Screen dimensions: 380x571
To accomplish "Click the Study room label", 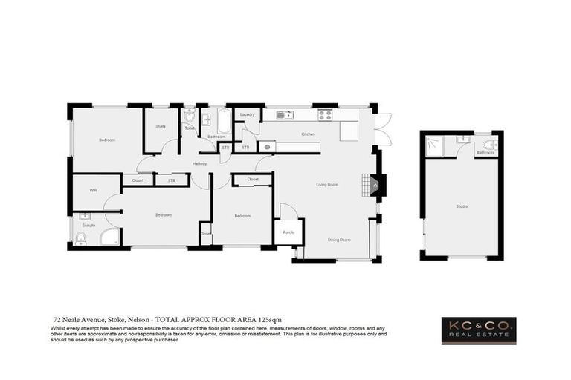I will (x=161, y=126).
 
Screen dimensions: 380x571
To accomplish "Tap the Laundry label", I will (x=248, y=114).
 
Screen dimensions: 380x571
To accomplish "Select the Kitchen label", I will (x=308, y=134).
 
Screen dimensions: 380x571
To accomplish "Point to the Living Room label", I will (x=327, y=185).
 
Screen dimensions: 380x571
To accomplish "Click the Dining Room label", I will (x=339, y=240).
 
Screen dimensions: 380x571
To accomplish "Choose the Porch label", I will (x=288, y=232).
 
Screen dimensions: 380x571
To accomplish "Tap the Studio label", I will (x=462, y=206).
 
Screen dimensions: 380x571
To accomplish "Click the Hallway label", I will (x=199, y=163).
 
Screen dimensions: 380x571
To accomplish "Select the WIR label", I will (x=93, y=191).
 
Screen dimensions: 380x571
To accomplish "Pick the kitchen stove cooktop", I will (x=325, y=115).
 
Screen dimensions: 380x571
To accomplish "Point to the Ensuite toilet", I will (x=81, y=237).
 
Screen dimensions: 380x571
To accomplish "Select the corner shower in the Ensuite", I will (x=110, y=237).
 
